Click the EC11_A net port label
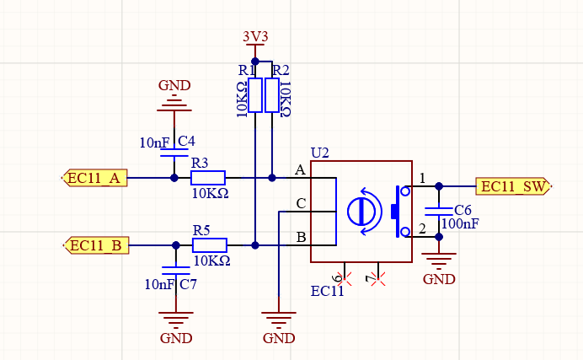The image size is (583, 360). click(95, 178)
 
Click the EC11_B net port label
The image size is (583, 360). click(97, 245)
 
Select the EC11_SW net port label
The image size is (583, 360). click(512, 186)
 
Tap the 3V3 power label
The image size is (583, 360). click(255, 38)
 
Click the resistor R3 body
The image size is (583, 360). click(208, 178)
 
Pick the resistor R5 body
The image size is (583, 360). click(210, 245)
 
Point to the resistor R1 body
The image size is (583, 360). click(255, 95)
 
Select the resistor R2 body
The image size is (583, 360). click(272, 95)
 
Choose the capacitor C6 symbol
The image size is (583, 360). click(438, 210)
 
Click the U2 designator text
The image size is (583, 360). click(319, 153)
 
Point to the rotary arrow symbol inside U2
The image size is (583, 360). click(363, 211)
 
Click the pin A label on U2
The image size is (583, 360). click(300, 171)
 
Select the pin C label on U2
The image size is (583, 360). click(300, 204)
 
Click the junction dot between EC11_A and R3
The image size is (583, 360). click(174, 178)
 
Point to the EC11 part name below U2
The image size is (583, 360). click(327, 292)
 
